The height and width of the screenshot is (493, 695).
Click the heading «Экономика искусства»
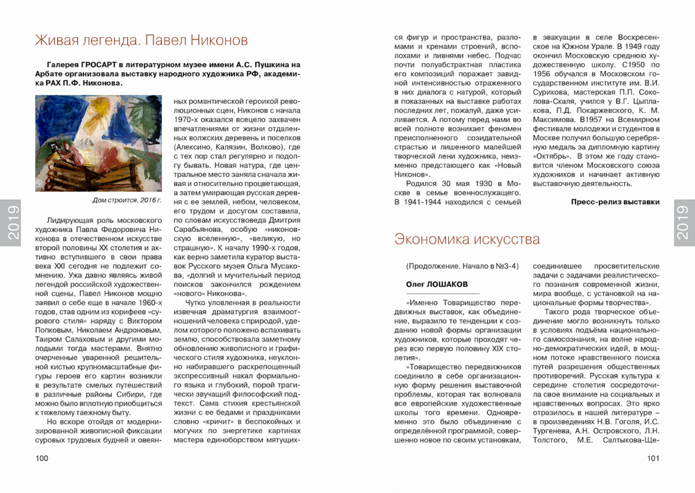tap(466, 240)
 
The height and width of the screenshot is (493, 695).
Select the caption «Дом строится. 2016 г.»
tap(126, 200)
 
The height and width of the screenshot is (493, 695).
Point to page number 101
tap(653, 458)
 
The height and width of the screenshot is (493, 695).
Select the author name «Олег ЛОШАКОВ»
tap(436, 285)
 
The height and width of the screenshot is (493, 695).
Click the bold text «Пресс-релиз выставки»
tap(614, 203)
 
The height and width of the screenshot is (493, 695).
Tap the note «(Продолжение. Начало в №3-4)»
tap(461, 266)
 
